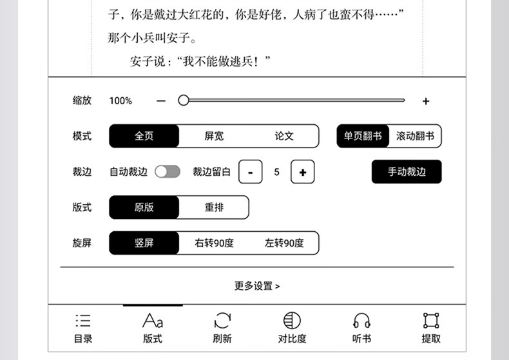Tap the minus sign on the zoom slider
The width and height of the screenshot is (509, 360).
click(x=161, y=101)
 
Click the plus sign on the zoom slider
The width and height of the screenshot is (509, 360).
click(x=425, y=101)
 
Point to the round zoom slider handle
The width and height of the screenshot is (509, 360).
click(x=184, y=100)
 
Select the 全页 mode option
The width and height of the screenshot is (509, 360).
click(x=144, y=136)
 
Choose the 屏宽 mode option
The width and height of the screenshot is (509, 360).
click(x=214, y=136)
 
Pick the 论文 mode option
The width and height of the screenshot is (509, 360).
click(x=284, y=136)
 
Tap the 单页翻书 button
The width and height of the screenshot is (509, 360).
click(x=363, y=136)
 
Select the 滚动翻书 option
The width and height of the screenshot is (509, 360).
click(x=415, y=136)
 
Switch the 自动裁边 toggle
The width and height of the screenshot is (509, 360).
click(x=168, y=171)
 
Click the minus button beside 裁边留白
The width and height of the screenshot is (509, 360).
click(x=251, y=172)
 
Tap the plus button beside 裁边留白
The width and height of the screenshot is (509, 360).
click(x=302, y=172)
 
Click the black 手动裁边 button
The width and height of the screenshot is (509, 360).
click(x=407, y=172)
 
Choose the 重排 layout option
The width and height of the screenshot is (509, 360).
click(x=214, y=207)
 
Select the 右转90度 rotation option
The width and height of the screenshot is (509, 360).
click(x=214, y=243)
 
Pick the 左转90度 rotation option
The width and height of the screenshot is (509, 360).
click(x=284, y=243)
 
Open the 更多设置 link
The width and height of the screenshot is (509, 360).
click(x=257, y=286)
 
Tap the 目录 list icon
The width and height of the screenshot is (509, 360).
click(x=83, y=321)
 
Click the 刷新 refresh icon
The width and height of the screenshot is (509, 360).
click(x=222, y=321)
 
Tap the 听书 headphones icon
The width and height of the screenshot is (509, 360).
click(x=362, y=321)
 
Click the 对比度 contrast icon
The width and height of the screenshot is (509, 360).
click(x=292, y=321)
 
